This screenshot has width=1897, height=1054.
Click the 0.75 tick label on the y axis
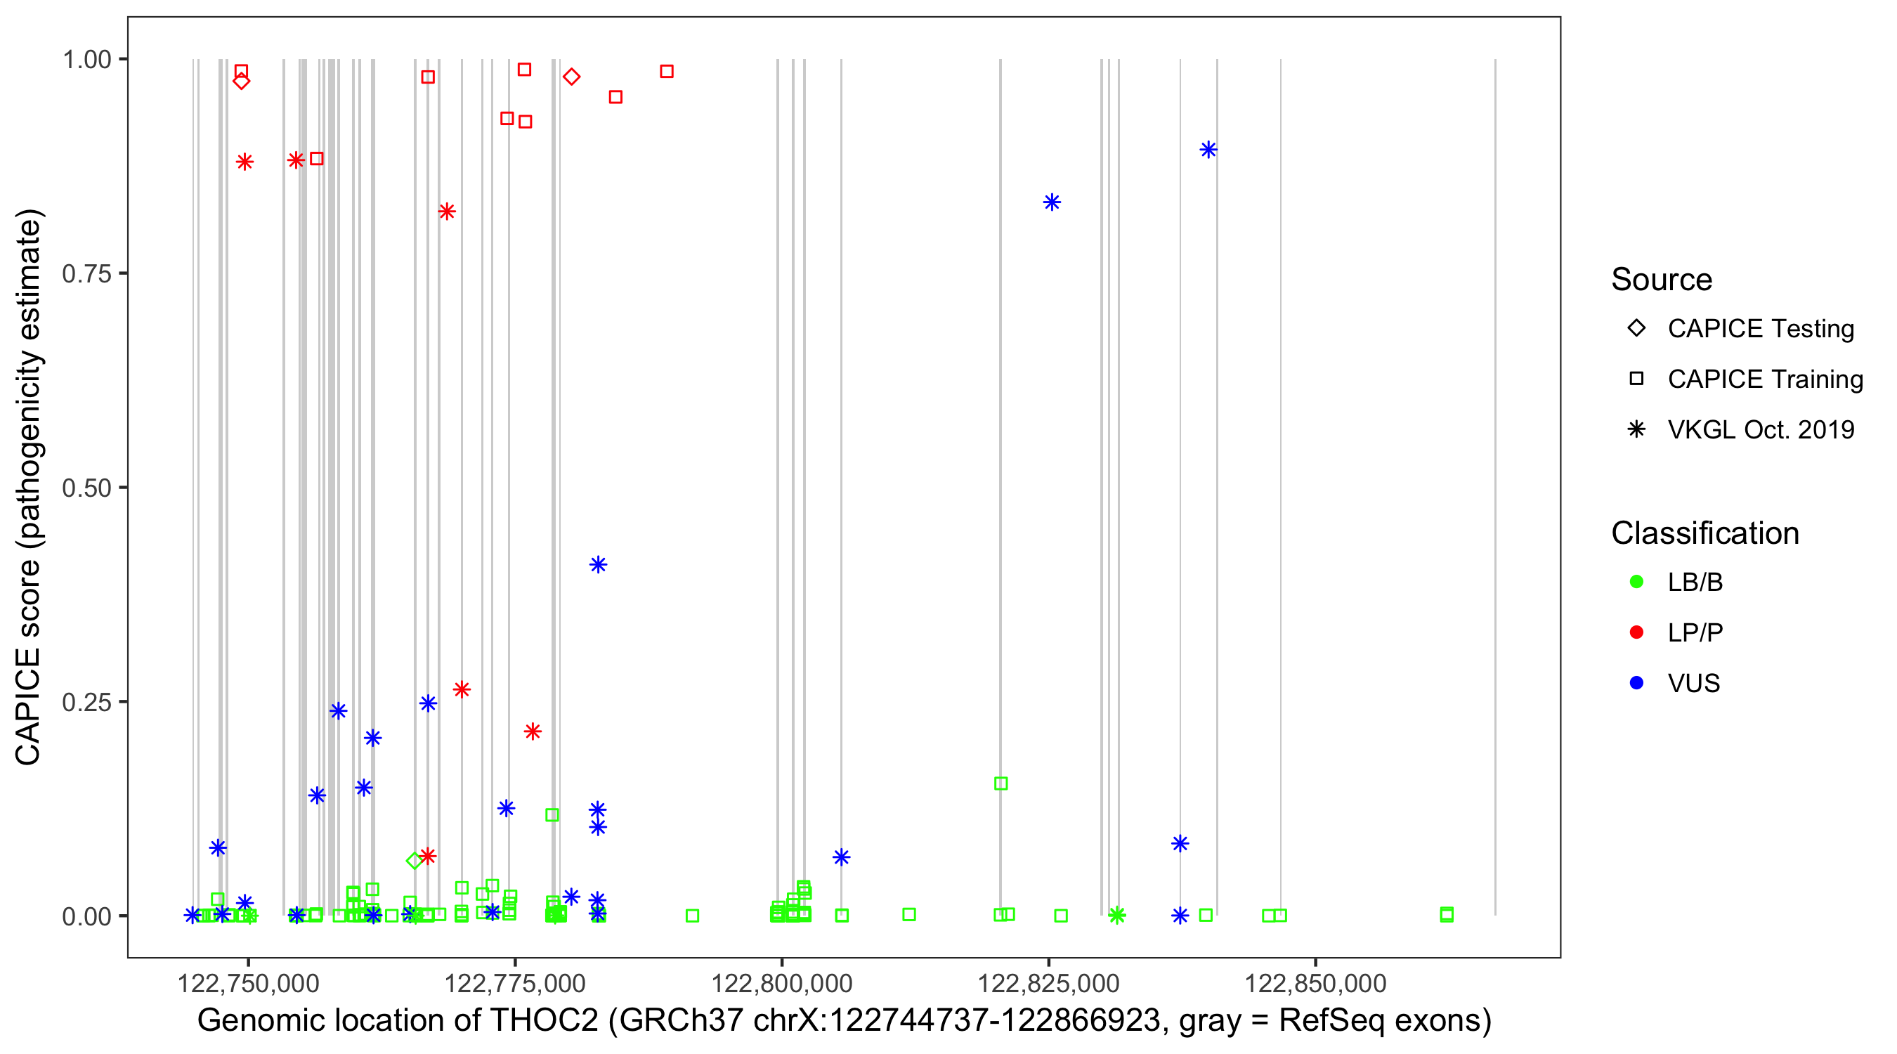click(x=86, y=274)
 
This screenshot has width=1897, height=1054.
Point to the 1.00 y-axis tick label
click(x=86, y=60)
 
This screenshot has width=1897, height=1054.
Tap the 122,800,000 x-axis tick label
click(x=781, y=982)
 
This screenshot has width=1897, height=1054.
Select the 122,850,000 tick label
click(x=1315, y=982)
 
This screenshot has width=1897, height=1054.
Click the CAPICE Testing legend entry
click(x=1760, y=329)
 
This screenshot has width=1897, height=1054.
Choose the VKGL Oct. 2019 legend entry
click(x=1760, y=429)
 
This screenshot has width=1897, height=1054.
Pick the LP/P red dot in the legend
click(x=1637, y=632)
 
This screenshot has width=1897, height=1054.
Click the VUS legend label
click(x=1694, y=684)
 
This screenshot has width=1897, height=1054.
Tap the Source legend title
click(x=1662, y=280)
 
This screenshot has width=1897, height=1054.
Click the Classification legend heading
click(x=1704, y=533)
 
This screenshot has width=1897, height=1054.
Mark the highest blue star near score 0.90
click(x=1208, y=150)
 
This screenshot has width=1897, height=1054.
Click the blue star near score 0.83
click(x=1052, y=202)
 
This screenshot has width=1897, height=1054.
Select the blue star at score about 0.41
click(x=598, y=565)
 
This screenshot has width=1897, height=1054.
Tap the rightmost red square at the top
click(x=667, y=72)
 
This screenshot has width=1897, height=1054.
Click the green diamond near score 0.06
click(x=415, y=860)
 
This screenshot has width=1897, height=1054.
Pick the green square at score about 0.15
click(x=1000, y=783)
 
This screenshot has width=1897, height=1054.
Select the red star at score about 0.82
click(x=446, y=212)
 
